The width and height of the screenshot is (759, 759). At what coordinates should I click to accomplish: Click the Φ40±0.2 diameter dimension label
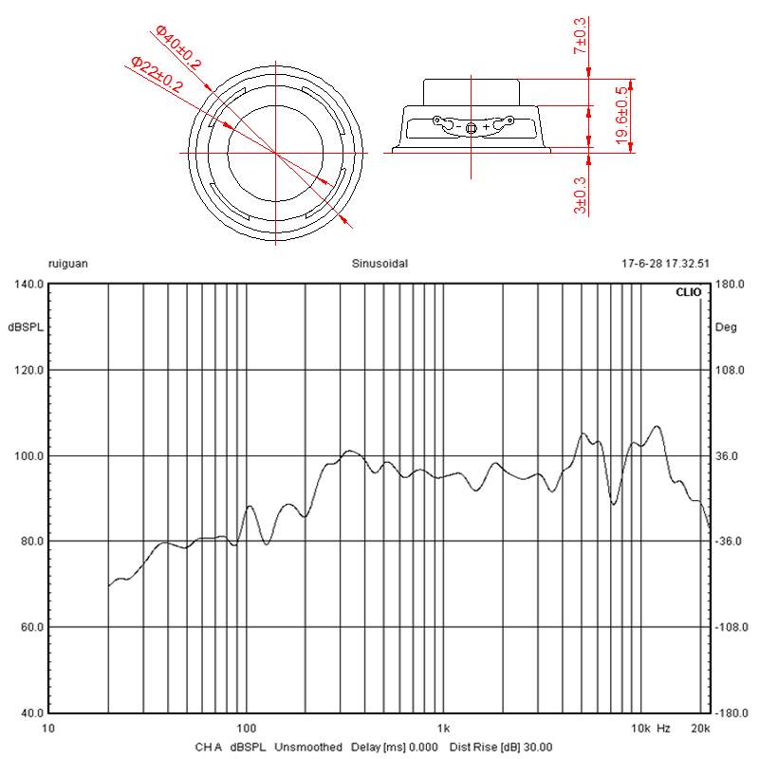point(178,46)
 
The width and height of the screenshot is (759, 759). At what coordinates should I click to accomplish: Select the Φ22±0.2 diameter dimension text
point(157,75)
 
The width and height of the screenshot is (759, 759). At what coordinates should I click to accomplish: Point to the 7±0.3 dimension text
point(580,36)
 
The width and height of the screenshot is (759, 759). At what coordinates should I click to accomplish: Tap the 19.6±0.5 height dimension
point(622,115)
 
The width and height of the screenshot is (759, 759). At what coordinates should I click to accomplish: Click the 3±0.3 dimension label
point(580,195)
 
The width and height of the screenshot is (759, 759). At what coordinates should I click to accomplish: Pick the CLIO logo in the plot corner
point(689,292)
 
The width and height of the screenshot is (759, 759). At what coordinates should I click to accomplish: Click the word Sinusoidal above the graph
point(380,264)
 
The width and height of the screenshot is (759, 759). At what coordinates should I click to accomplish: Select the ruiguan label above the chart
point(68,265)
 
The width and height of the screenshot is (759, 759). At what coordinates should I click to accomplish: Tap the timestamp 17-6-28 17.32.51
point(666,264)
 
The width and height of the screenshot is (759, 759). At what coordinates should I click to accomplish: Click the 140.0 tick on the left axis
point(29,284)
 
